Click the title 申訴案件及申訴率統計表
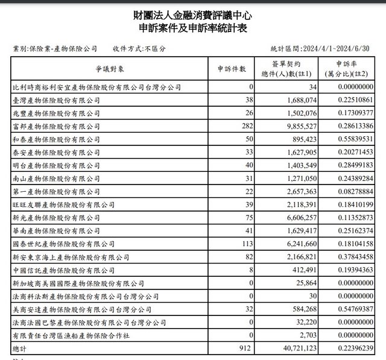(x=193, y=28)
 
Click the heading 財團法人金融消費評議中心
(x=193, y=14)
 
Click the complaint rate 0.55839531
(x=351, y=141)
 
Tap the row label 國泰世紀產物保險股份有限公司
(x=64, y=244)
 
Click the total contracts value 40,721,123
(x=291, y=349)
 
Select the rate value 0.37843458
(x=351, y=257)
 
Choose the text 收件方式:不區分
(x=139, y=49)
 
